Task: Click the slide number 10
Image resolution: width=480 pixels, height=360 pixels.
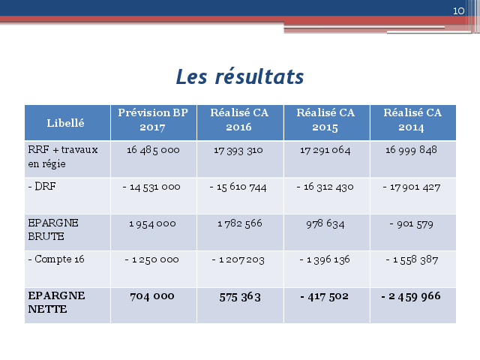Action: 458,11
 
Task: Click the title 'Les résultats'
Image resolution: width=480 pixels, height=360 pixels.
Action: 240,76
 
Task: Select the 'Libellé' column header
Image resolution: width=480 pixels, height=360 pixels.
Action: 65,123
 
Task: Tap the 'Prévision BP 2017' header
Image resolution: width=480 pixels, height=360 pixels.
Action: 153,120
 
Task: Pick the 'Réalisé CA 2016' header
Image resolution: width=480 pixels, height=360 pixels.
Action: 239,120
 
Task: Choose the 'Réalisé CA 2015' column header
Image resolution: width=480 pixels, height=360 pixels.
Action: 325,120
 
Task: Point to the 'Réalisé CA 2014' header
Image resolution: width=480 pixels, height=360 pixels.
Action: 412,120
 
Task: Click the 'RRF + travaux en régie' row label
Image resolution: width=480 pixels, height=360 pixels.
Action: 63,157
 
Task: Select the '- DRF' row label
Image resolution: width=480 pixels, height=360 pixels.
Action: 42,186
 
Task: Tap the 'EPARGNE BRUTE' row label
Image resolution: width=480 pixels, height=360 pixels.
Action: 53,229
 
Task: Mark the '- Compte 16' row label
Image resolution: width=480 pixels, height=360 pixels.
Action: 56,259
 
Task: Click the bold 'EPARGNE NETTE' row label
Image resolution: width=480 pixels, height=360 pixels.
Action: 57,302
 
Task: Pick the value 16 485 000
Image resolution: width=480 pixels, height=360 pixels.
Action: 153,150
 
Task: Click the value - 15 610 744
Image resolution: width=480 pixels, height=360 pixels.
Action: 238,187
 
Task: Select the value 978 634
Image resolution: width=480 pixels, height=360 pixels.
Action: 325,223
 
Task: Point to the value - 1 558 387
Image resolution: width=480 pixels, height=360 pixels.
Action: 412,260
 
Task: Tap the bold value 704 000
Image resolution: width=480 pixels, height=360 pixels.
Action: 151,296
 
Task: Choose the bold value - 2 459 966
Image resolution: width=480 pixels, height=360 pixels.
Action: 410,296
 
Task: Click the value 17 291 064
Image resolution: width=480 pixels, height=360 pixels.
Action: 325,150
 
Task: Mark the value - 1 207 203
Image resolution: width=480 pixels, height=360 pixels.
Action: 238,260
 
